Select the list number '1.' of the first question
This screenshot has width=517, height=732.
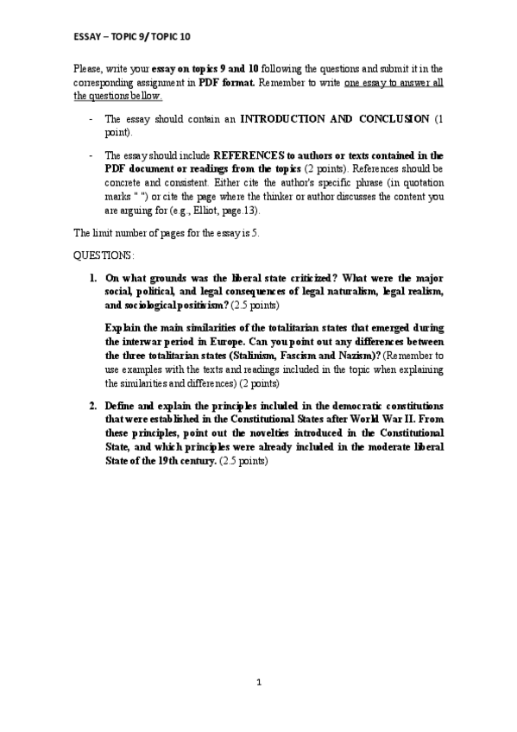(92, 278)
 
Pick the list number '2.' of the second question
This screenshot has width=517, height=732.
(92, 405)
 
